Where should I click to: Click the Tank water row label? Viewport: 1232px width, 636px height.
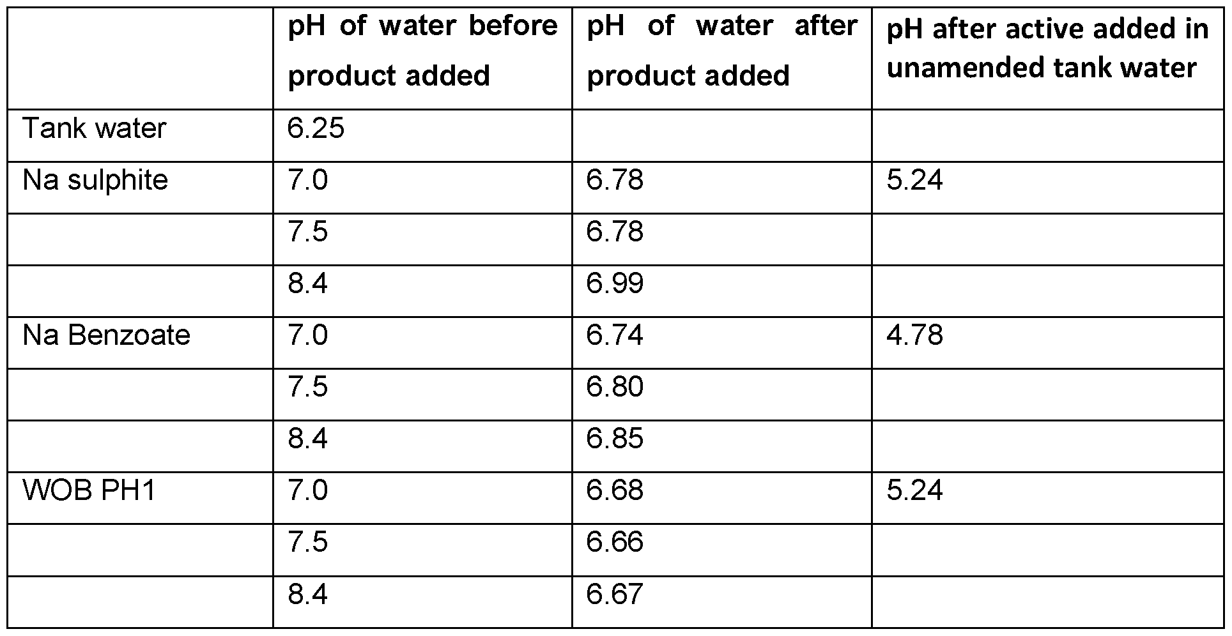[94, 128]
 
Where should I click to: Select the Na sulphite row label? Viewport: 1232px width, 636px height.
[95, 180]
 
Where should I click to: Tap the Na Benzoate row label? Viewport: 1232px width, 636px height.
[106, 335]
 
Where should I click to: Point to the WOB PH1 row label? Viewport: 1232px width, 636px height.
[89, 490]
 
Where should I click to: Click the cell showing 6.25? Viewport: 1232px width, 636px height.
[316, 128]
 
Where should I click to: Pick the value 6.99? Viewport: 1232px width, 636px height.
[615, 284]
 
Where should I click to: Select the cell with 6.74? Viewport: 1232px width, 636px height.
[615, 335]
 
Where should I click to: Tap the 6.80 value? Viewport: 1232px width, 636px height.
[615, 387]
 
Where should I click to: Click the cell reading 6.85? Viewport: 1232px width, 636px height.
[615, 439]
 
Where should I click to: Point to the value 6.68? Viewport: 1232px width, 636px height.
[615, 490]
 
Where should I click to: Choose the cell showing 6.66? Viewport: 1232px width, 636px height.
[615, 542]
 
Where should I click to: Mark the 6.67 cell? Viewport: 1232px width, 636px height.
[615, 594]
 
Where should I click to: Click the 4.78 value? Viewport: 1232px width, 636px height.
[914, 335]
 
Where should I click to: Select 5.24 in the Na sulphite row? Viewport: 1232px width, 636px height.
[914, 180]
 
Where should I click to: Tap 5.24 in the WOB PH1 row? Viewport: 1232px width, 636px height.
[914, 490]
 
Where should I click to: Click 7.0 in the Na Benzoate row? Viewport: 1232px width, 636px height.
[307, 335]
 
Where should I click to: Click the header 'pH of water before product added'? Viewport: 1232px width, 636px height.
[422, 51]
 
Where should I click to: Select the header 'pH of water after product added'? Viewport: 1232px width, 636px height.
[722, 51]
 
